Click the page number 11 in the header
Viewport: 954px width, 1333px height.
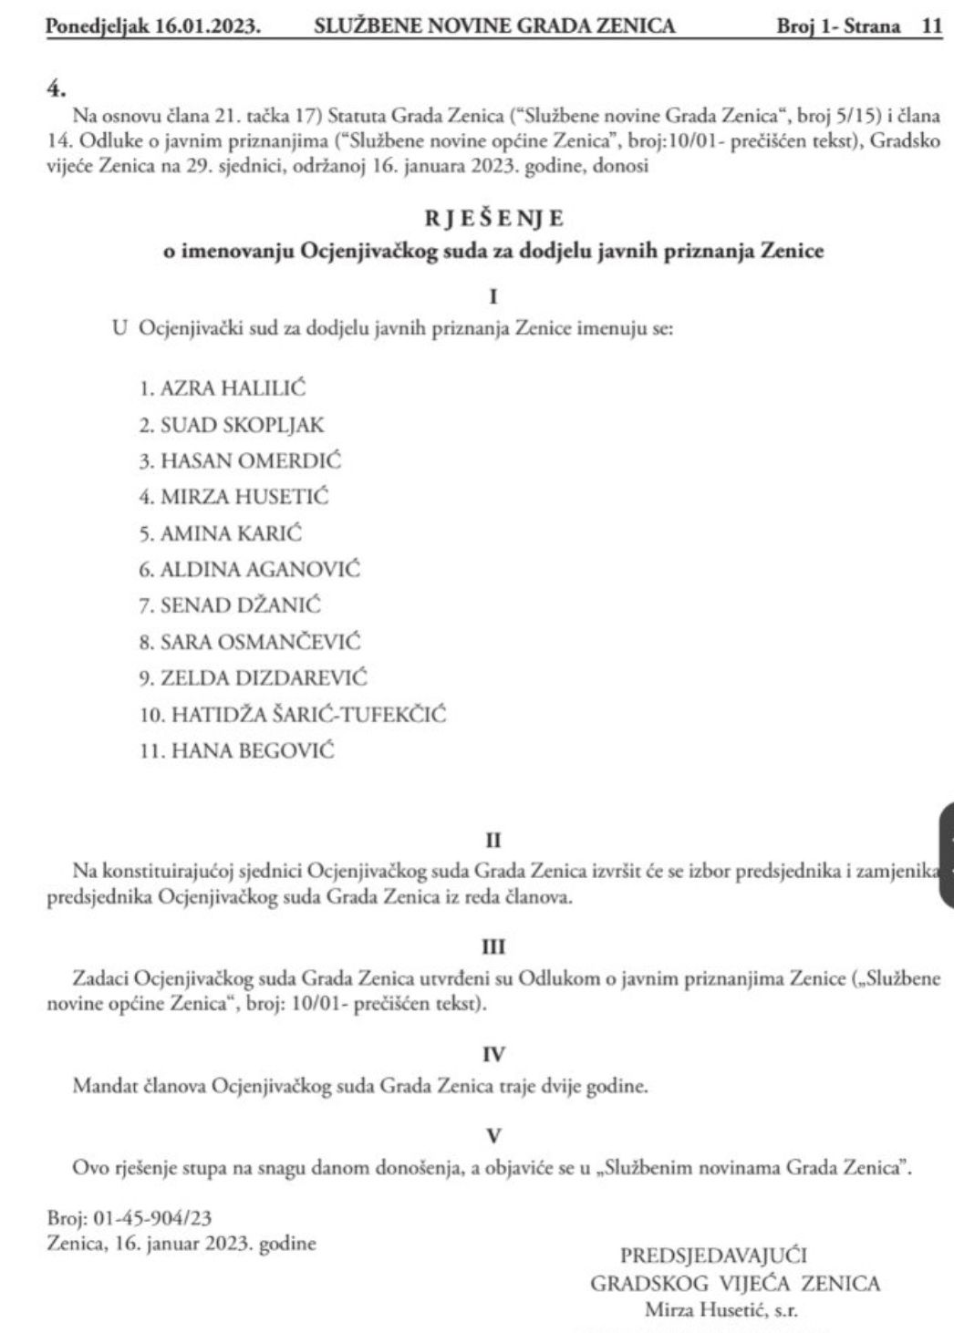point(930,26)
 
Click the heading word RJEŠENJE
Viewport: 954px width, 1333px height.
point(493,219)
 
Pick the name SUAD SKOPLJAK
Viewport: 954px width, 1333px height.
point(242,424)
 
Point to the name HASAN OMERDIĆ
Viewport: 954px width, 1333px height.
point(251,460)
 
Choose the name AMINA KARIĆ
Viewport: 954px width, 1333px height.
point(231,533)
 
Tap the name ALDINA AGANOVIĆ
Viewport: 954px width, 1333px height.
point(260,570)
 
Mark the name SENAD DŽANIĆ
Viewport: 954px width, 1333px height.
point(241,605)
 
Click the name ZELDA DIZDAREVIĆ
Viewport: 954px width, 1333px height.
point(264,678)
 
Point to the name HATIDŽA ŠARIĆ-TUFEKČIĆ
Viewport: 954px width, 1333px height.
point(308,715)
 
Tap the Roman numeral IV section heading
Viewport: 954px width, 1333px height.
point(493,1055)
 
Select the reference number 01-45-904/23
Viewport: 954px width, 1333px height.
point(151,1218)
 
